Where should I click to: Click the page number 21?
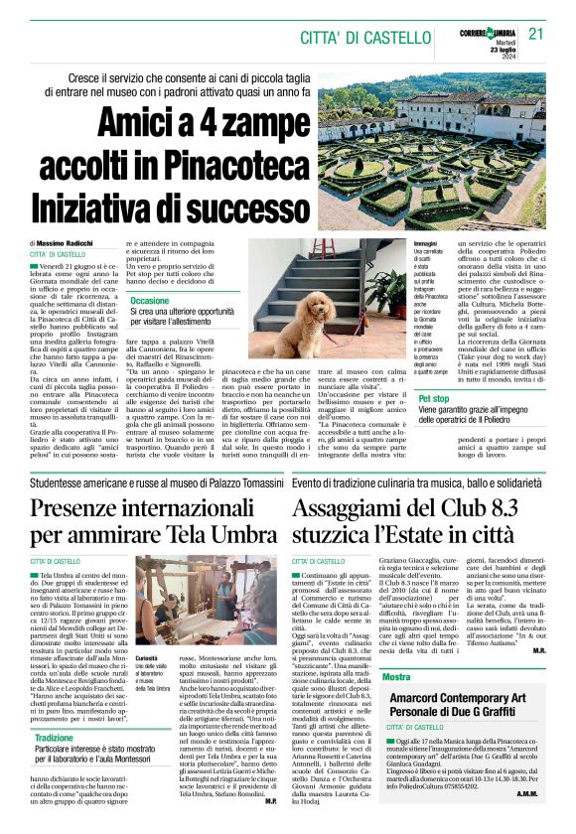click(x=537, y=34)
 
